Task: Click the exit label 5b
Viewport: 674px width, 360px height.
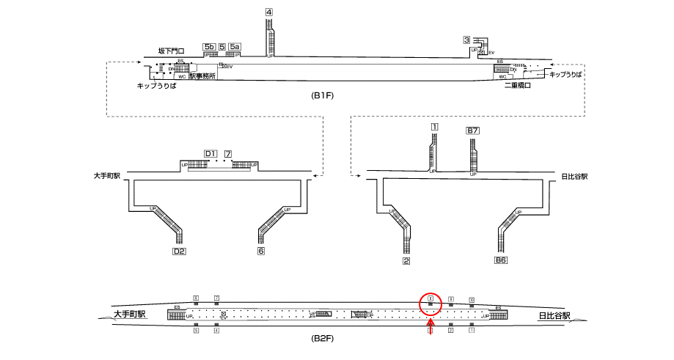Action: point(210,47)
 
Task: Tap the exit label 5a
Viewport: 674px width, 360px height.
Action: point(235,47)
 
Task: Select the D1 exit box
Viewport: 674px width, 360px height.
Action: point(210,153)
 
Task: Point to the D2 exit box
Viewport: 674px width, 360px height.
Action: point(178,251)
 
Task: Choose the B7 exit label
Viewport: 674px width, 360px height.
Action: point(473,131)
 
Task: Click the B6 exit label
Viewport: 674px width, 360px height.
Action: point(501,260)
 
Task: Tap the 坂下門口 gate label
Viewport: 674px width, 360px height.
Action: point(171,51)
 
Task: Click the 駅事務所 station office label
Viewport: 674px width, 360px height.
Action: point(202,76)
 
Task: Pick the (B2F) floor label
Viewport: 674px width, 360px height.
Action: point(323,339)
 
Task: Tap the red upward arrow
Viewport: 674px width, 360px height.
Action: point(431,327)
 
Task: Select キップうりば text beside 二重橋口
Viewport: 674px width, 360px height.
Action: point(565,75)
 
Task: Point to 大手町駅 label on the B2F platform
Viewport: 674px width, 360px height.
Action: point(130,315)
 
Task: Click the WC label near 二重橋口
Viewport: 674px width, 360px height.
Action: point(502,76)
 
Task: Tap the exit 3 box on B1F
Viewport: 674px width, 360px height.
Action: point(466,40)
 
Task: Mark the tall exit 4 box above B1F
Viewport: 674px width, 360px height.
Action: point(269,12)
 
